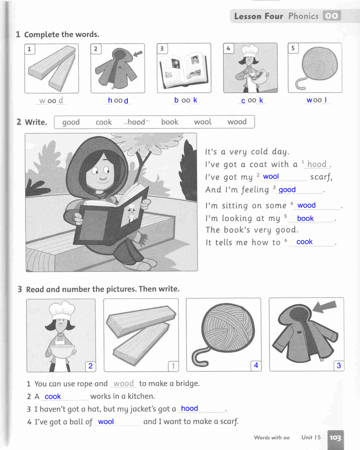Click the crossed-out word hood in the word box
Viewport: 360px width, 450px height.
pos(136,122)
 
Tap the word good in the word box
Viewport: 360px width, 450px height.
pos(71,122)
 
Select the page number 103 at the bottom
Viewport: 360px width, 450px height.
pos(335,438)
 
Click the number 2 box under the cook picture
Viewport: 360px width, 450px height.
pos(90,366)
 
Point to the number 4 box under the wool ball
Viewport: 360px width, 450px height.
pos(256,365)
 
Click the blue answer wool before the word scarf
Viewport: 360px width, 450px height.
pos(271,176)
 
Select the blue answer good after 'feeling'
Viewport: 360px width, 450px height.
pos(287,190)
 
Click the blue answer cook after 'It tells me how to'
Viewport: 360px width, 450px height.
pos(304,242)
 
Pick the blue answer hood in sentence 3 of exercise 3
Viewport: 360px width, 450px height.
pos(189,408)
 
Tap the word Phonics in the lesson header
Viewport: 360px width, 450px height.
pos(303,16)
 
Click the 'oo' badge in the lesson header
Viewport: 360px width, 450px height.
pos(332,16)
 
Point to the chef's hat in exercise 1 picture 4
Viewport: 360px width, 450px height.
pos(250,50)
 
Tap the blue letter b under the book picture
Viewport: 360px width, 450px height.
pos(176,100)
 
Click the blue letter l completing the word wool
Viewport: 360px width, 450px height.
pos(325,100)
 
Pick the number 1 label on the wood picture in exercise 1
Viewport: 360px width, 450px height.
pos(29,49)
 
